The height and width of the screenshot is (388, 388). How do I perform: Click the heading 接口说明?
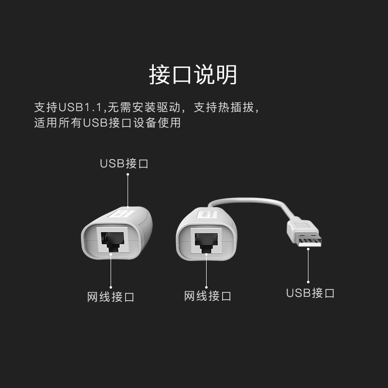193,75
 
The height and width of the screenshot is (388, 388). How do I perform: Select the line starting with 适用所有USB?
107,123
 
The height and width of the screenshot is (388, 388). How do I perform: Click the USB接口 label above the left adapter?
124,163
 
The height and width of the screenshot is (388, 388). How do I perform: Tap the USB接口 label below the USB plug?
310,293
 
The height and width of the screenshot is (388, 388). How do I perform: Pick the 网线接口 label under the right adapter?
208,296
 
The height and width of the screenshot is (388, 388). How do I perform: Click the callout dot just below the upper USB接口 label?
128,175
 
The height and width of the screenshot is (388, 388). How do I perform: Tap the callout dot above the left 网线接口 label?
111,287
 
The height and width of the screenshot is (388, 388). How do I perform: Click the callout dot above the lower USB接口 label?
308,281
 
